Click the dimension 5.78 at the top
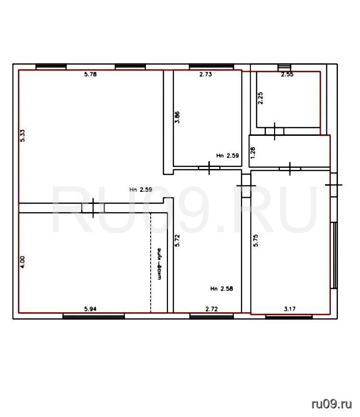pyautogui.click(x=90, y=74)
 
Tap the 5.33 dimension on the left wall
pyautogui.click(x=23, y=135)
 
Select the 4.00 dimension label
pyautogui.click(x=23, y=262)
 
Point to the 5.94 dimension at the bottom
pyautogui.click(x=90, y=309)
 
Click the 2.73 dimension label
pyautogui.click(x=205, y=74)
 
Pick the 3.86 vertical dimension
pyautogui.click(x=177, y=117)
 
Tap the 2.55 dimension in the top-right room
pyautogui.click(x=288, y=74)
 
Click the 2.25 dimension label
pyautogui.click(x=261, y=98)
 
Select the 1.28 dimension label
pyautogui.click(x=253, y=153)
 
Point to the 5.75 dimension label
pyautogui.click(x=255, y=240)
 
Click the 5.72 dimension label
pyautogui.click(x=177, y=240)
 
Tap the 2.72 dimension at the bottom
pyautogui.click(x=212, y=309)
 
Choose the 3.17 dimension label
pyautogui.click(x=289, y=309)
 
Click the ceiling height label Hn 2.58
pyautogui.click(x=221, y=288)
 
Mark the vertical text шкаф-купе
pyautogui.click(x=159, y=264)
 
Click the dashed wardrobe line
pyautogui.click(x=151, y=262)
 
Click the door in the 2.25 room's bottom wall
pyautogui.click(x=275, y=131)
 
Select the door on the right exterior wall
pyautogui.click(x=334, y=185)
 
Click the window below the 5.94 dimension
pyautogui.click(x=94, y=316)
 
